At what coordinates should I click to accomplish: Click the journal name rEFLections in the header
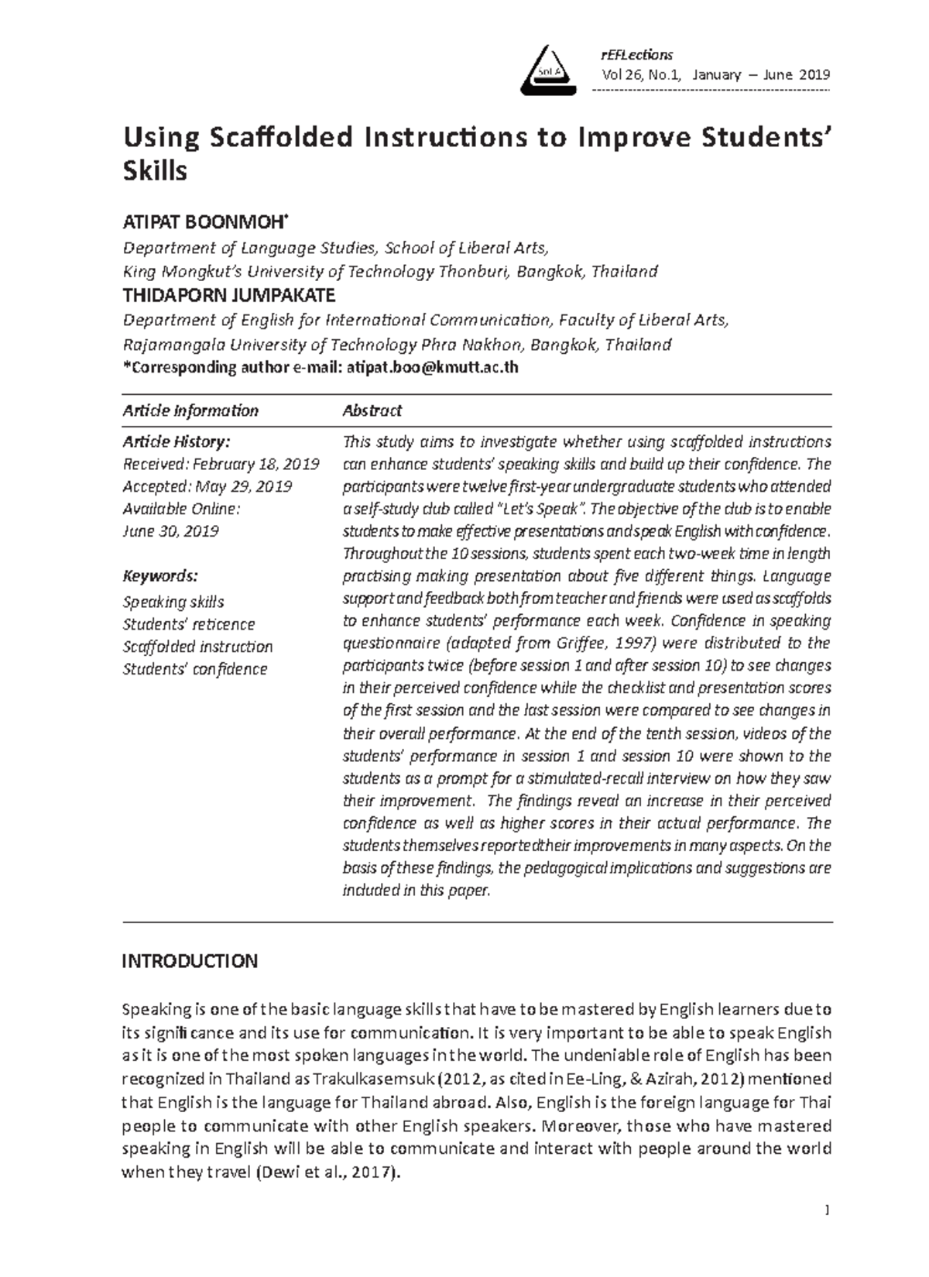coord(636,54)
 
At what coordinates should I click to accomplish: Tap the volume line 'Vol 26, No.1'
coord(643,75)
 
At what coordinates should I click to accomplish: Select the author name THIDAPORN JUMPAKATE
coord(229,295)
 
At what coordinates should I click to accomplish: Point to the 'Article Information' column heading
coord(190,410)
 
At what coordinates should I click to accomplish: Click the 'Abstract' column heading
coord(372,410)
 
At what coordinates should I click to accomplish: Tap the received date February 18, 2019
coord(255,465)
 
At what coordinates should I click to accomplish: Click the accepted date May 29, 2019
coord(243,487)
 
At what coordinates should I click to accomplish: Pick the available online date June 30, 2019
coord(170,532)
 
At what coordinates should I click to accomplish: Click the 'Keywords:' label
coord(160,576)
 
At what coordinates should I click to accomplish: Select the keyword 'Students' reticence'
coord(188,624)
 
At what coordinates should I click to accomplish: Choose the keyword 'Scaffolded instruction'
coord(197,647)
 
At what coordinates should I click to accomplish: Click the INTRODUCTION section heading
coord(190,961)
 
